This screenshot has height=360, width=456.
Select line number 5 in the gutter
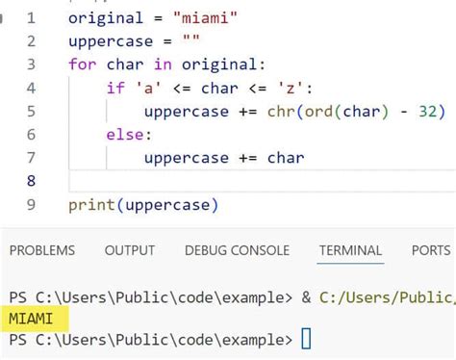click(x=30, y=112)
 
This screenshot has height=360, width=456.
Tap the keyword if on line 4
click(x=114, y=89)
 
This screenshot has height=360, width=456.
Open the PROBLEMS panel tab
click(x=42, y=250)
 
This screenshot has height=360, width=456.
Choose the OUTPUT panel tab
click(x=130, y=250)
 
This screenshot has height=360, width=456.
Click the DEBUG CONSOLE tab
click(x=237, y=250)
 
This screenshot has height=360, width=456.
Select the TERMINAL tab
click(x=350, y=250)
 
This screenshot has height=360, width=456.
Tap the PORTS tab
click(x=430, y=250)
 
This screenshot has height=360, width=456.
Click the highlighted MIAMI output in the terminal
click(x=31, y=318)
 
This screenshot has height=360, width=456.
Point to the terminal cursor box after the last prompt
click(x=306, y=339)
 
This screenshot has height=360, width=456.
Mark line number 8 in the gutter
click(x=30, y=181)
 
